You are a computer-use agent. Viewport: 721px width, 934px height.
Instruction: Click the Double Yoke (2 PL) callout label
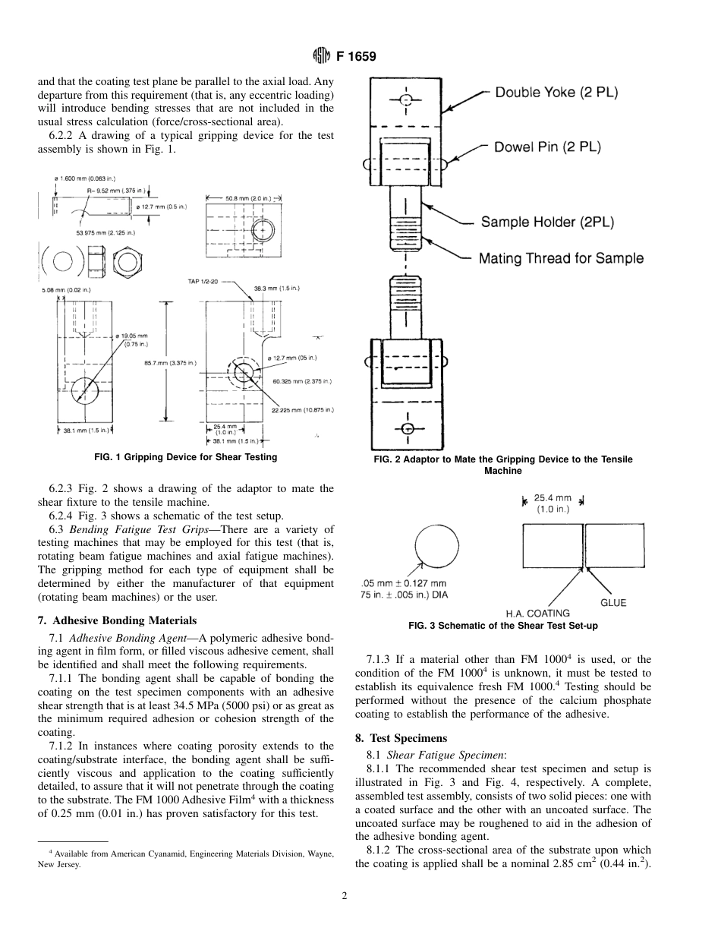[556, 93]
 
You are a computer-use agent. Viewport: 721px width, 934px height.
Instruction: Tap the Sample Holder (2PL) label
[547, 222]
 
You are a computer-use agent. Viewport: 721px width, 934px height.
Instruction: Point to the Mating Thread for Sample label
[560, 258]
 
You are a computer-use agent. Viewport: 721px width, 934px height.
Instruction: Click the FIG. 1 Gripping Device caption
[185, 457]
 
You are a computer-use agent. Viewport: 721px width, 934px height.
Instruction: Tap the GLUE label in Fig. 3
[613, 602]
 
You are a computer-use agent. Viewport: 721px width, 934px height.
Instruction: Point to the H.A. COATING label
[537, 613]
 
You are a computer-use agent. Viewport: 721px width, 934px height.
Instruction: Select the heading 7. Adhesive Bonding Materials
[117, 620]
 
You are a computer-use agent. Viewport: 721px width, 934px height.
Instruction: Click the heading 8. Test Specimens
[401, 738]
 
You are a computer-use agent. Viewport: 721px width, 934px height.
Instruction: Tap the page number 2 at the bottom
[344, 896]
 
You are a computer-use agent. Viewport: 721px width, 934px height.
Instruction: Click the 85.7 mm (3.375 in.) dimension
[170, 363]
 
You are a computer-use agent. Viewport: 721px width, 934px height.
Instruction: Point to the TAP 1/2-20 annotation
[203, 282]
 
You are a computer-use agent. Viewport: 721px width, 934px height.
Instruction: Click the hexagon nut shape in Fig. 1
[128, 263]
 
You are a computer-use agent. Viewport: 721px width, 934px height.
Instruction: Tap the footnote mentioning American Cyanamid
[186, 859]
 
